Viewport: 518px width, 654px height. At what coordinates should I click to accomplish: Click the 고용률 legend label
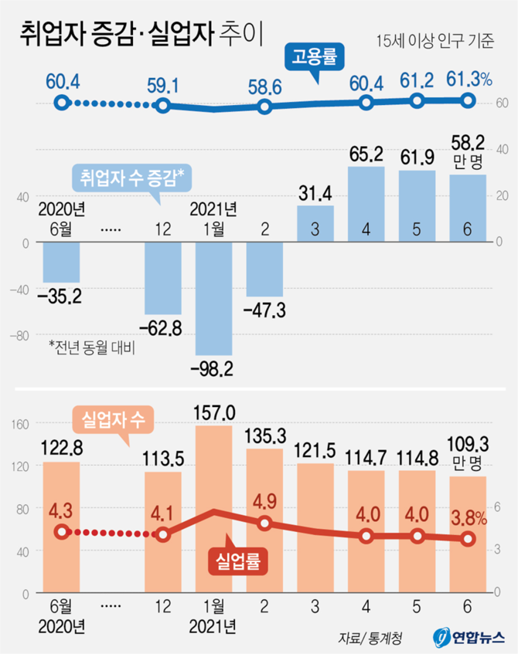click(317, 57)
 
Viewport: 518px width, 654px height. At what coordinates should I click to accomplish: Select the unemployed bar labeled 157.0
click(213, 510)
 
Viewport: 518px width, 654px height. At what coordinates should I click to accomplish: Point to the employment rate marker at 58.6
click(264, 106)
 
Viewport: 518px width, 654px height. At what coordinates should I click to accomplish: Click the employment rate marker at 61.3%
click(468, 100)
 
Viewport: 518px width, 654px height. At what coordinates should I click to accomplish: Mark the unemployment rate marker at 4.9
click(264, 523)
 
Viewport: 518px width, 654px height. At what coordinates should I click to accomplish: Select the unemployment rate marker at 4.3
click(62, 531)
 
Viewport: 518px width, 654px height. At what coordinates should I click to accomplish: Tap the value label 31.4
click(315, 191)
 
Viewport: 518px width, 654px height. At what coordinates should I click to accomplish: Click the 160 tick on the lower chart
click(21, 423)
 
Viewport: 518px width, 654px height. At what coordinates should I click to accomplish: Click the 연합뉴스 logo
click(469, 639)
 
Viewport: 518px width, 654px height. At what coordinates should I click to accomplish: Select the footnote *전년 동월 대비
click(91, 347)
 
